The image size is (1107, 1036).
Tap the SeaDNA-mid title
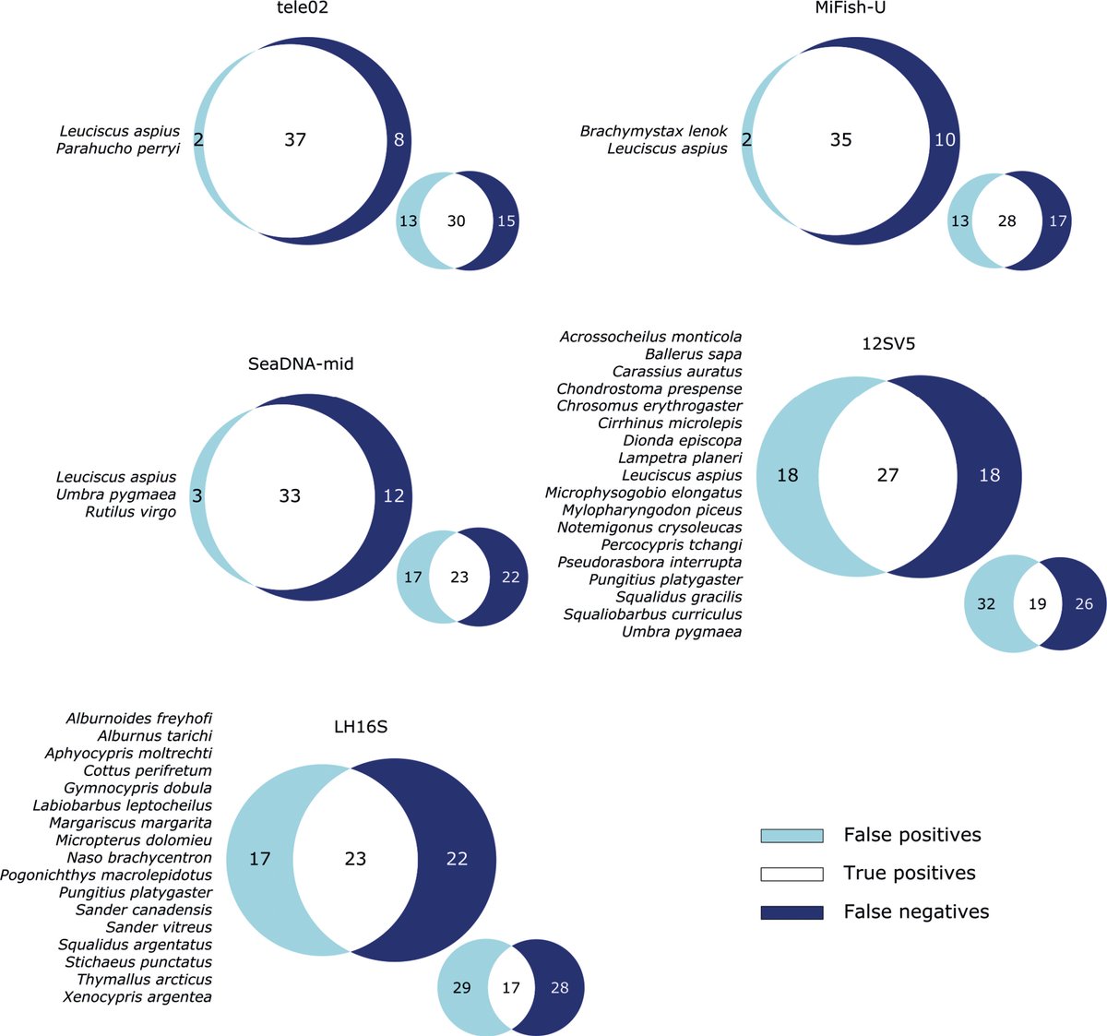[x=301, y=363]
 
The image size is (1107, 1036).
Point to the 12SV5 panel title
[x=886, y=345]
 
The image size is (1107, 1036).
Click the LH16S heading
[x=360, y=727]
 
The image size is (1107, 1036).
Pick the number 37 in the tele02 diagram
[x=295, y=140]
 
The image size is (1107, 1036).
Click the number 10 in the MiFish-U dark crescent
[x=945, y=140]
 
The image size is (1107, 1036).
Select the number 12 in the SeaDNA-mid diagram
[x=394, y=496]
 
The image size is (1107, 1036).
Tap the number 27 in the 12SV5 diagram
[x=887, y=475]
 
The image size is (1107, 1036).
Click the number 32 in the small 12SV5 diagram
[x=986, y=604]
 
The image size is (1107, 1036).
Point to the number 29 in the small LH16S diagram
[x=461, y=988]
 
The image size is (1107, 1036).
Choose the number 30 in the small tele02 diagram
[x=456, y=221]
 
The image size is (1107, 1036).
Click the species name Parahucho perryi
[x=118, y=149]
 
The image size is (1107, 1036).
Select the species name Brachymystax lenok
[x=653, y=131]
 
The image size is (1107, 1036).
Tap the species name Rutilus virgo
[x=130, y=512]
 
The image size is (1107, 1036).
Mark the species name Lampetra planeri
[x=679, y=458]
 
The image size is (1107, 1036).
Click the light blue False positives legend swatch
[x=792, y=836]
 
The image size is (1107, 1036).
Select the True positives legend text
[x=909, y=874]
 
